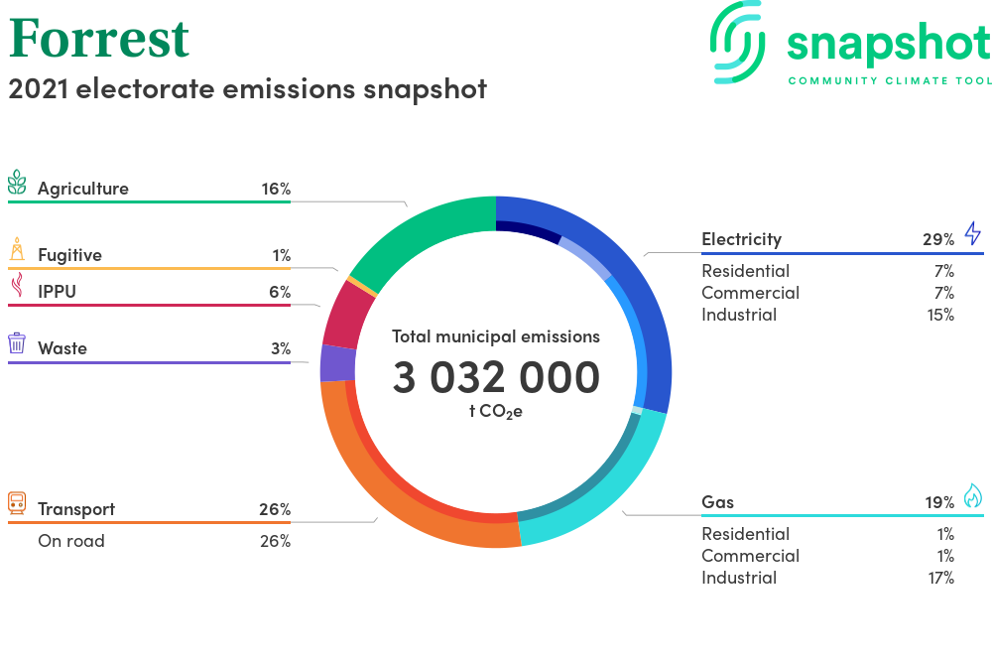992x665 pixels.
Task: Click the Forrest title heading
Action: (x=99, y=39)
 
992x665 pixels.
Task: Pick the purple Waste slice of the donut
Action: (x=337, y=363)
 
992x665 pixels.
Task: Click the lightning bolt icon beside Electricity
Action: (x=973, y=233)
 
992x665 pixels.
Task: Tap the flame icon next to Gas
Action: (x=973, y=496)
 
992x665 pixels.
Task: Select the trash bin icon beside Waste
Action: (x=17, y=343)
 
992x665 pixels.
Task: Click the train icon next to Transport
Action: (x=17, y=503)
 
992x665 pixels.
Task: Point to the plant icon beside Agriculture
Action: (x=17, y=183)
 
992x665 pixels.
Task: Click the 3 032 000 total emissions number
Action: (x=496, y=377)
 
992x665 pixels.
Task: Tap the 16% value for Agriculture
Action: (x=276, y=189)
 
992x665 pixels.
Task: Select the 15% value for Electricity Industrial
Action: (x=940, y=315)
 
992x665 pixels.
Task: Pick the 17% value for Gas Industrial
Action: (x=940, y=578)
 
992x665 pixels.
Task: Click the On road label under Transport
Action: (x=71, y=541)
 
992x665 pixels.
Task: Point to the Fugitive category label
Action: (x=69, y=255)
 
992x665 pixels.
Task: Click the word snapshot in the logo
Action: (x=889, y=44)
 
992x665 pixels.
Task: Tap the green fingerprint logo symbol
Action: (x=738, y=42)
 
